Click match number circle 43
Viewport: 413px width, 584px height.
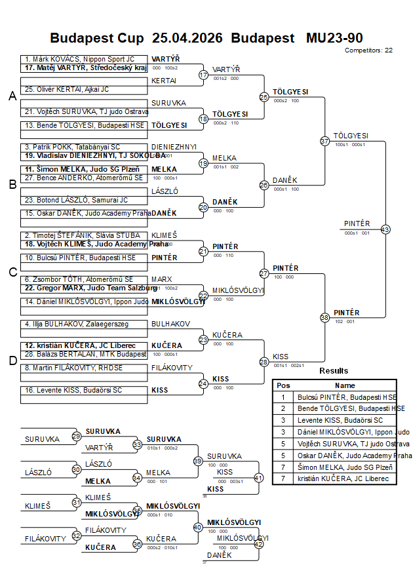click(x=385, y=229)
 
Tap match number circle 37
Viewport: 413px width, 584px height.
click(x=324, y=141)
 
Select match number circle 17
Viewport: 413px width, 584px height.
click(x=203, y=75)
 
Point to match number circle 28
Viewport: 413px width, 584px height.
click(x=264, y=362)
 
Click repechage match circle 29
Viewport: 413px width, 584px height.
click(x=77, y=436)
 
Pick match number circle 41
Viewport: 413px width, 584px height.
click(x=258, y=478)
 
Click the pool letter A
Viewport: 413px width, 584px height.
click(x=12, y=96)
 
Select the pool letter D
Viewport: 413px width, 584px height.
click(x=12, y=360)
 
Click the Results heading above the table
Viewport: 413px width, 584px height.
click(x=334, y=371)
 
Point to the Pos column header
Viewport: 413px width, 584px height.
click(x=283, y=385)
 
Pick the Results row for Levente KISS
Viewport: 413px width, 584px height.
click(x=334, y=420)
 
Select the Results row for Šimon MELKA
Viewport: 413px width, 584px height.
click(x=334, y=467)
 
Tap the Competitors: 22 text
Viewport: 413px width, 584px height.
click(x=368, y=50)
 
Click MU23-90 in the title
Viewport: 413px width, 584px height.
click(x=334, y=38)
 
